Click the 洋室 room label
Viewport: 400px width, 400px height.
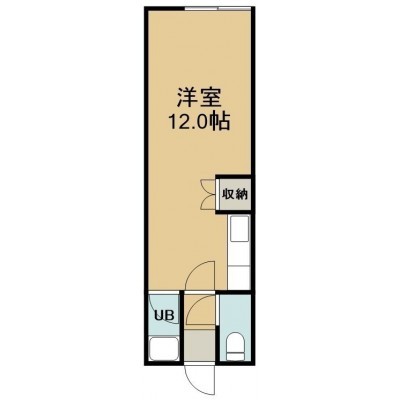(199, 97)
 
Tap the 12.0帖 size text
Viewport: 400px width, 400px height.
(200, 122)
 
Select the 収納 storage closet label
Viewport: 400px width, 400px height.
(235, 194)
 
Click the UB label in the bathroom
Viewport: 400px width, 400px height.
(164, 315)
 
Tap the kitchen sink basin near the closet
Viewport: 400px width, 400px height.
(239, 228)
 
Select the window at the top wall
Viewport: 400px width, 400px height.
(217, 9)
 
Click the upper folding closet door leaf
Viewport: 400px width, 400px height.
(208, 186)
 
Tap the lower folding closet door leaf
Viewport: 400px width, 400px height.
(208, 202)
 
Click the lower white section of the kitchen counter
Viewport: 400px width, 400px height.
(239, 277)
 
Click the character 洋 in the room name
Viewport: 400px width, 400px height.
(187, 97)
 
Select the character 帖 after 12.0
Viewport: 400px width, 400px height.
(220, 122)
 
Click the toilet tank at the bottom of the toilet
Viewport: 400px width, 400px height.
(235, 358)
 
